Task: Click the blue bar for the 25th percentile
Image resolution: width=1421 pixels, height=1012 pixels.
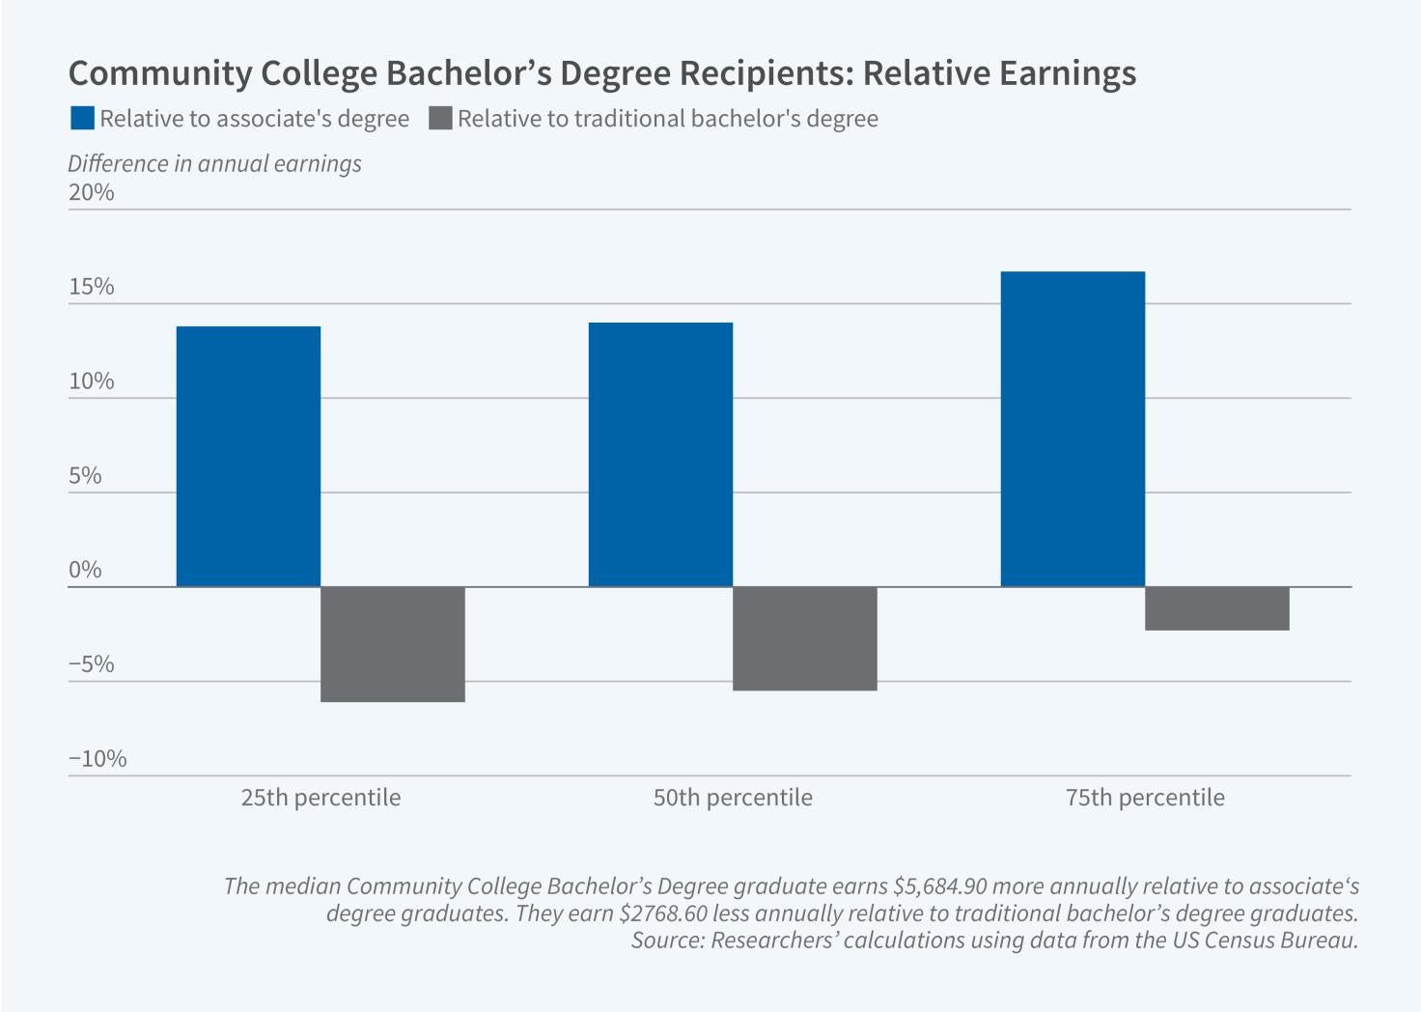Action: tap(248, 456)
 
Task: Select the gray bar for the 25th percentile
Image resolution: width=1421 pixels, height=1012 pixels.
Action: tap(393, 643)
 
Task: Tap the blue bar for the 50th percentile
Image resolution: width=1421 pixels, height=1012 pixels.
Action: tap(660, 454)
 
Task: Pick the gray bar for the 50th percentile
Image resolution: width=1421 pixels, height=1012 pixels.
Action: tap(805, 637)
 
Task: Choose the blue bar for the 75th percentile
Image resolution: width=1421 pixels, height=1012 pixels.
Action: tap(1073, 429)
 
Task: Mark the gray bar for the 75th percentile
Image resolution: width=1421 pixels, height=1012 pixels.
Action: tap(1217, 608)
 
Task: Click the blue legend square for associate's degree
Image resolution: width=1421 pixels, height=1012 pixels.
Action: tap(83, 119)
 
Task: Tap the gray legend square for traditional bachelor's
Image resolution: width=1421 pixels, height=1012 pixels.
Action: tap(440, 119)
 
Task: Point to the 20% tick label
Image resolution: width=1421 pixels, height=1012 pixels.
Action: tap(92, 192)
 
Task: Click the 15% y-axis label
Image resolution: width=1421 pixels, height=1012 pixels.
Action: tap(92, 287)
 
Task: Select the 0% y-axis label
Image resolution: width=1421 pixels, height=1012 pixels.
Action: tap(85, 570)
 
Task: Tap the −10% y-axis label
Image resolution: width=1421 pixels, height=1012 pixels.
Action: tap(98, 759)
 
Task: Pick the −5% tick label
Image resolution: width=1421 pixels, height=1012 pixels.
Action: tap(92, 664)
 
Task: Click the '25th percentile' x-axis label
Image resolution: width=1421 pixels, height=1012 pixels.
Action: tap(320, 798)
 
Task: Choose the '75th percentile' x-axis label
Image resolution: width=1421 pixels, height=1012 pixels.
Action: tap(1145, 798)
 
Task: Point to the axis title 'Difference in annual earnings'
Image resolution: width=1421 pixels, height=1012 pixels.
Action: tap(214, 163)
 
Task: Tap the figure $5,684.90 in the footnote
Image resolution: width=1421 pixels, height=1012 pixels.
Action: tap(941, 886)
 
